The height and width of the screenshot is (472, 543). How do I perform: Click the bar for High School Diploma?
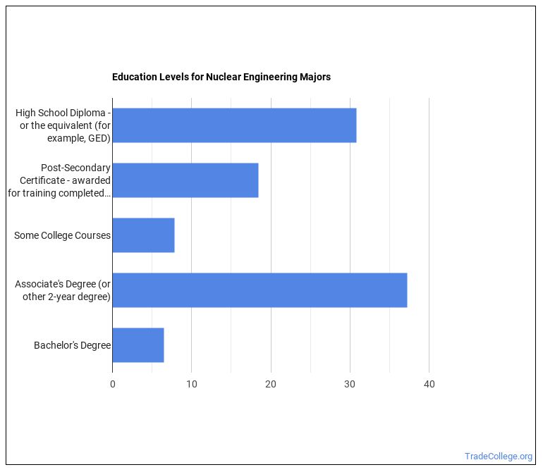(x=234, y=125)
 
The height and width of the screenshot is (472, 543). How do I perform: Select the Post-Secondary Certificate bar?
(x=185, y=180)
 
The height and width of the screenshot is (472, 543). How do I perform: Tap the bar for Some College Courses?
(x=143, y=235)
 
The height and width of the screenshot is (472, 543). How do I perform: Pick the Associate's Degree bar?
(x=260, y=290)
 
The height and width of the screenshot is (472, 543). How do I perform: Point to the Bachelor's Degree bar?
(x=138, y=345)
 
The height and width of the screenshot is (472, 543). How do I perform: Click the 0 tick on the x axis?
(x=113, y=384)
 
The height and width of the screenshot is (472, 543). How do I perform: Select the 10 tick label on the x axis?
(x=192, y=384)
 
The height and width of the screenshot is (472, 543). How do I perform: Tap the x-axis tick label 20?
(x=271, y=384)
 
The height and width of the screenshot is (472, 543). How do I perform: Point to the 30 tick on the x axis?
(x=350, y=384)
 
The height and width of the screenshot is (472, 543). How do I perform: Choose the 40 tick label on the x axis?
(x=429, y=384)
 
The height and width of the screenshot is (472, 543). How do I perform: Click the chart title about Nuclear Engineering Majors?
(x=221, y=77)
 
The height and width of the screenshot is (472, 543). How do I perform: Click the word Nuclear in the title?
(x=222, y=77)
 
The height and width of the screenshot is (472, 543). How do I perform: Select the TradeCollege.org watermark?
(x=498, y=456)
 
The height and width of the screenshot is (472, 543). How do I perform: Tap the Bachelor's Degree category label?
(x=72, y=345)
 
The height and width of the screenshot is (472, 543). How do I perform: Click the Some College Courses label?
(x=62, y=235)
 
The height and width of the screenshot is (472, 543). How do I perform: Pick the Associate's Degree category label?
(x=63, y=290)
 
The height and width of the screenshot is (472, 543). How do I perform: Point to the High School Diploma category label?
(x=63, y=125)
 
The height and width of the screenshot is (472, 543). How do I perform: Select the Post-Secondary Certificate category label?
(x=60, y=180)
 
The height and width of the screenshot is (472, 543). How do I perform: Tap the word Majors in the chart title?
(x=315, y=77)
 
